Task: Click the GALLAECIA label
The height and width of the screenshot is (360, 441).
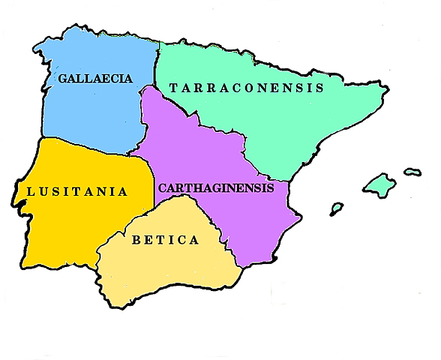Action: (95, 78)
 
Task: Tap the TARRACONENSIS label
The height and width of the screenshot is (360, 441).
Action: (246, 88)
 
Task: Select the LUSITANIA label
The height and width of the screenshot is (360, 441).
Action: (77, 191)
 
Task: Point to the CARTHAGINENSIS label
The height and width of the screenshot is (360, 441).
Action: (216, 187)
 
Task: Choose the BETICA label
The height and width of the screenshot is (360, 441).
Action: (165, 241)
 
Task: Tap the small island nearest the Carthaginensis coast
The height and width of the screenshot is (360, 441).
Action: (337, 207)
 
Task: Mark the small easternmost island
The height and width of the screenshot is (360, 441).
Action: (412, 172)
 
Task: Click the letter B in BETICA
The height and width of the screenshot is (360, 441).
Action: (136, 241)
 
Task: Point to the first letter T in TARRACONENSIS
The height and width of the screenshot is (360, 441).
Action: (174, 88)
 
